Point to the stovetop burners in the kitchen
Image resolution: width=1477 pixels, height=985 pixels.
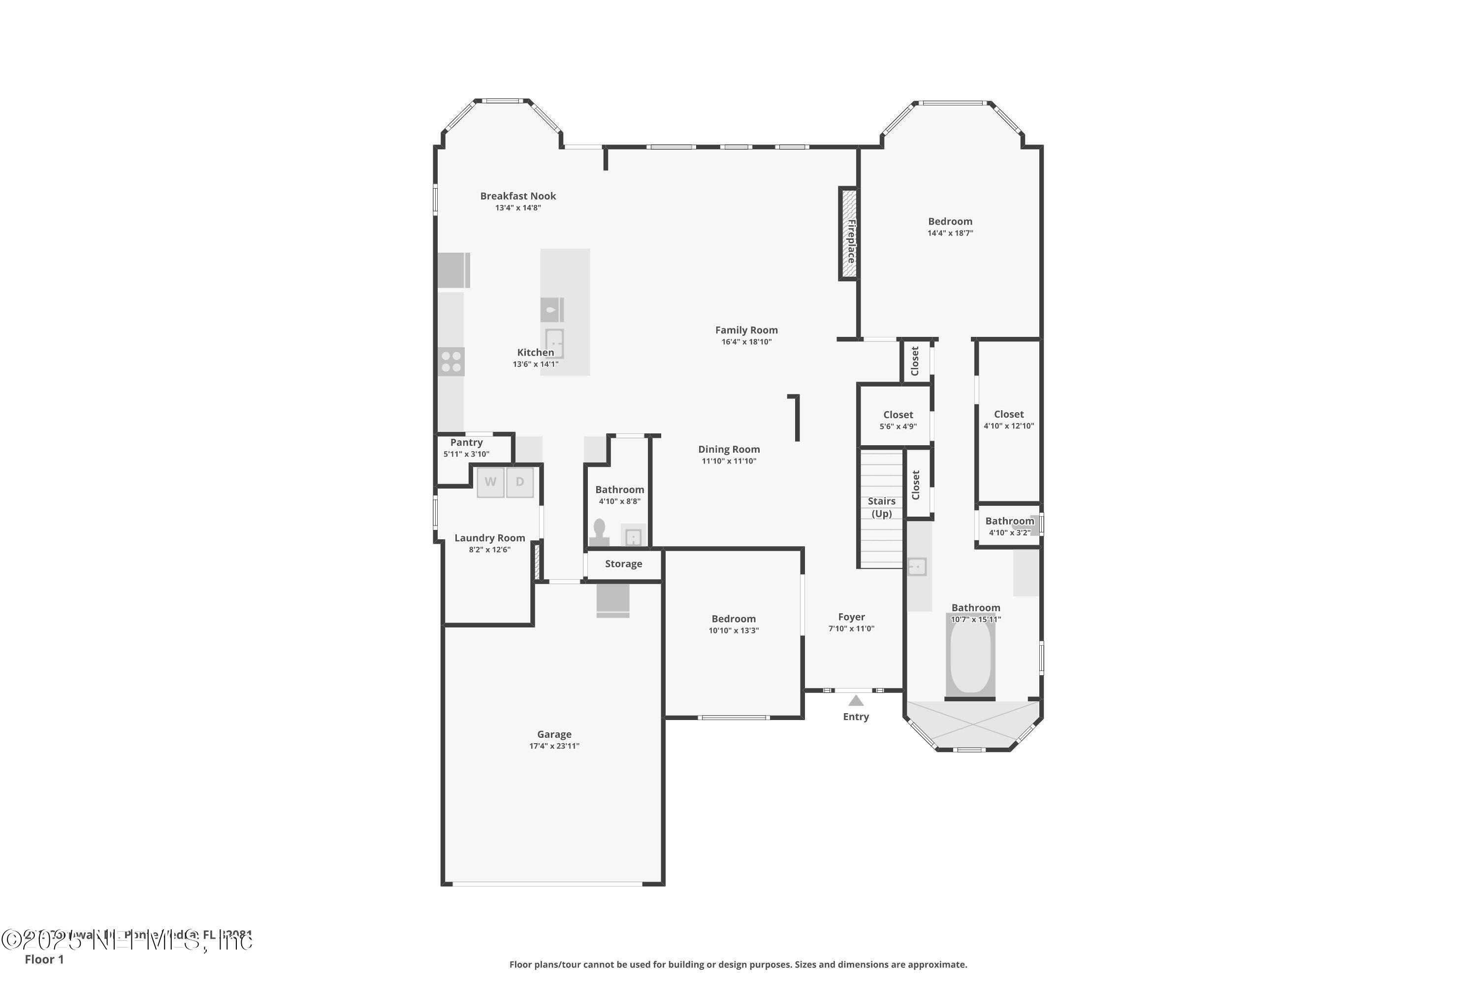(451, 362)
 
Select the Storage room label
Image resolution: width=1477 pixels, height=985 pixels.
(623, 564)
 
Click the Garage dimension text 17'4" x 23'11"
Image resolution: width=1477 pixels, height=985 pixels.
(554, 746)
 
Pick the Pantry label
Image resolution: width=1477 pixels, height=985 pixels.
(466, 442)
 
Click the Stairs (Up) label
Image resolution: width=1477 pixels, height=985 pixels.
(881, 507)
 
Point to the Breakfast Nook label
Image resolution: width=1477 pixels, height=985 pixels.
(518, 196)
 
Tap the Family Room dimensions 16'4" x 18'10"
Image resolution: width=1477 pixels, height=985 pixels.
(746, 342)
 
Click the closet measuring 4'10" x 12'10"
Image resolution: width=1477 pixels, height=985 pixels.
(1008, 420)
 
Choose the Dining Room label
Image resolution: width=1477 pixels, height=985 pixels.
(729, 449)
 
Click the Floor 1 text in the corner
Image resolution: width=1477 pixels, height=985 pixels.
(44, 959)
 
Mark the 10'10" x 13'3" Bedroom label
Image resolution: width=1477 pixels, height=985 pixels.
(734, 619)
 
